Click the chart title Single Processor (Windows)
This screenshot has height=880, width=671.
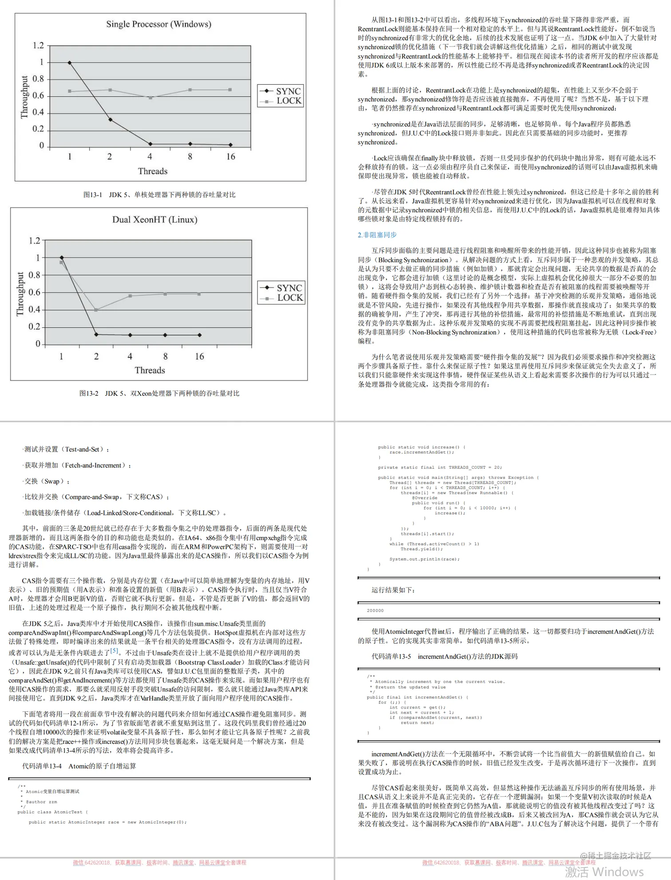pyautogui.click(x=158, y=24)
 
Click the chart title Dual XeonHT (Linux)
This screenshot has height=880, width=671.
pyautogui.click(x=154, y=220)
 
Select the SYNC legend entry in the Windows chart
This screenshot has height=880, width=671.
pyautogui.click(x=281, y=91)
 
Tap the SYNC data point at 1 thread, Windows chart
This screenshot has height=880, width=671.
pyautogui.click(x=70, y=63)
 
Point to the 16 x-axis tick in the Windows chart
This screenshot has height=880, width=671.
pyautogui.click(x=230, y=157)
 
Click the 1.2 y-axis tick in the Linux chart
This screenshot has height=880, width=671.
pyautogui.click(x=34, y=241)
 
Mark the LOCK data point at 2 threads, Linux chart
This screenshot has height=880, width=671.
pyautogui.click(x=96, y=310)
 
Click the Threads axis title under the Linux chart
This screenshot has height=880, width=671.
pyautogui.click(x=150, y=370)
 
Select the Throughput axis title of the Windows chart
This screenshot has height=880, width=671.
pyautogui.click(x=24, y=97)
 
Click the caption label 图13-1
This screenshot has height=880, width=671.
pyautogui.click(x=92, y=195)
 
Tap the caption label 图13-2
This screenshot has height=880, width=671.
pyautogui.click(x=89, y=393)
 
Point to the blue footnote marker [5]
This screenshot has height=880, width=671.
pyautogui.click(x=114, y=651)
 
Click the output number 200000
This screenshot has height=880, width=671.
pyautogui.click(x=375, y=611)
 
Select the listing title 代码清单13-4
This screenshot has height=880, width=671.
pyautogui.click(x=42, y=766)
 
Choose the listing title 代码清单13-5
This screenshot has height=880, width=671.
pyautogui.click(x=391, y=656)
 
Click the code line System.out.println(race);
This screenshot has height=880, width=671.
pyautogui.click(x=424, y=559)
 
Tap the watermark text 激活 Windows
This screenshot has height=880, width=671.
pyautogui.click(x=604, y=872)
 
